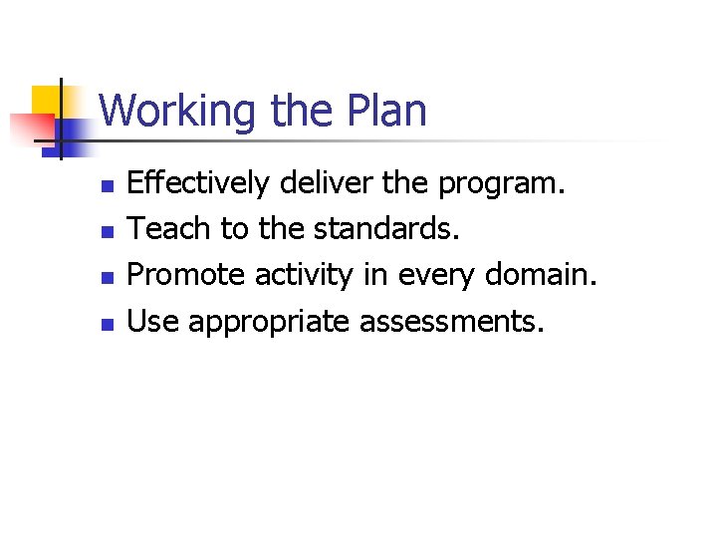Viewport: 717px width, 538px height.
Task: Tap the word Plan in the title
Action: click(x=387, y=110)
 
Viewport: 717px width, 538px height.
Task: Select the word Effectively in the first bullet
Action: click(x=198, y=183)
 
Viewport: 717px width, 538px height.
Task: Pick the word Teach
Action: click(x=170, y=229)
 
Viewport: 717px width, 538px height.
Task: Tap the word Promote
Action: click(x=187, y=275)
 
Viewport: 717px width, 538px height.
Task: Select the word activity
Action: click(x=304, y=275)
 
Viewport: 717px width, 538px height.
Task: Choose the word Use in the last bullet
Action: click(x=154, y=321)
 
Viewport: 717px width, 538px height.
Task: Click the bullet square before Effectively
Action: click(x=110, y=186)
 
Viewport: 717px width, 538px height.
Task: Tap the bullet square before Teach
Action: click(x=110, y=232)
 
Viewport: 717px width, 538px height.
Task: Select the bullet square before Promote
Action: click(x=110, y=278)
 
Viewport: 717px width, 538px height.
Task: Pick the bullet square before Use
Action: click(x=110, y=324)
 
